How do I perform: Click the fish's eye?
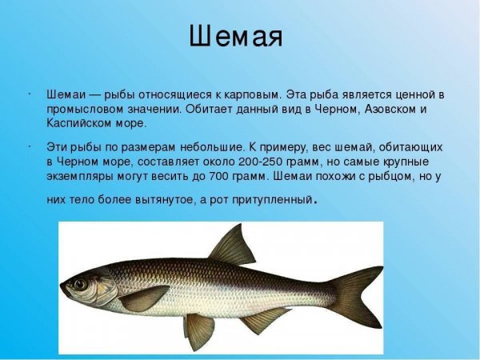[80, 284]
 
